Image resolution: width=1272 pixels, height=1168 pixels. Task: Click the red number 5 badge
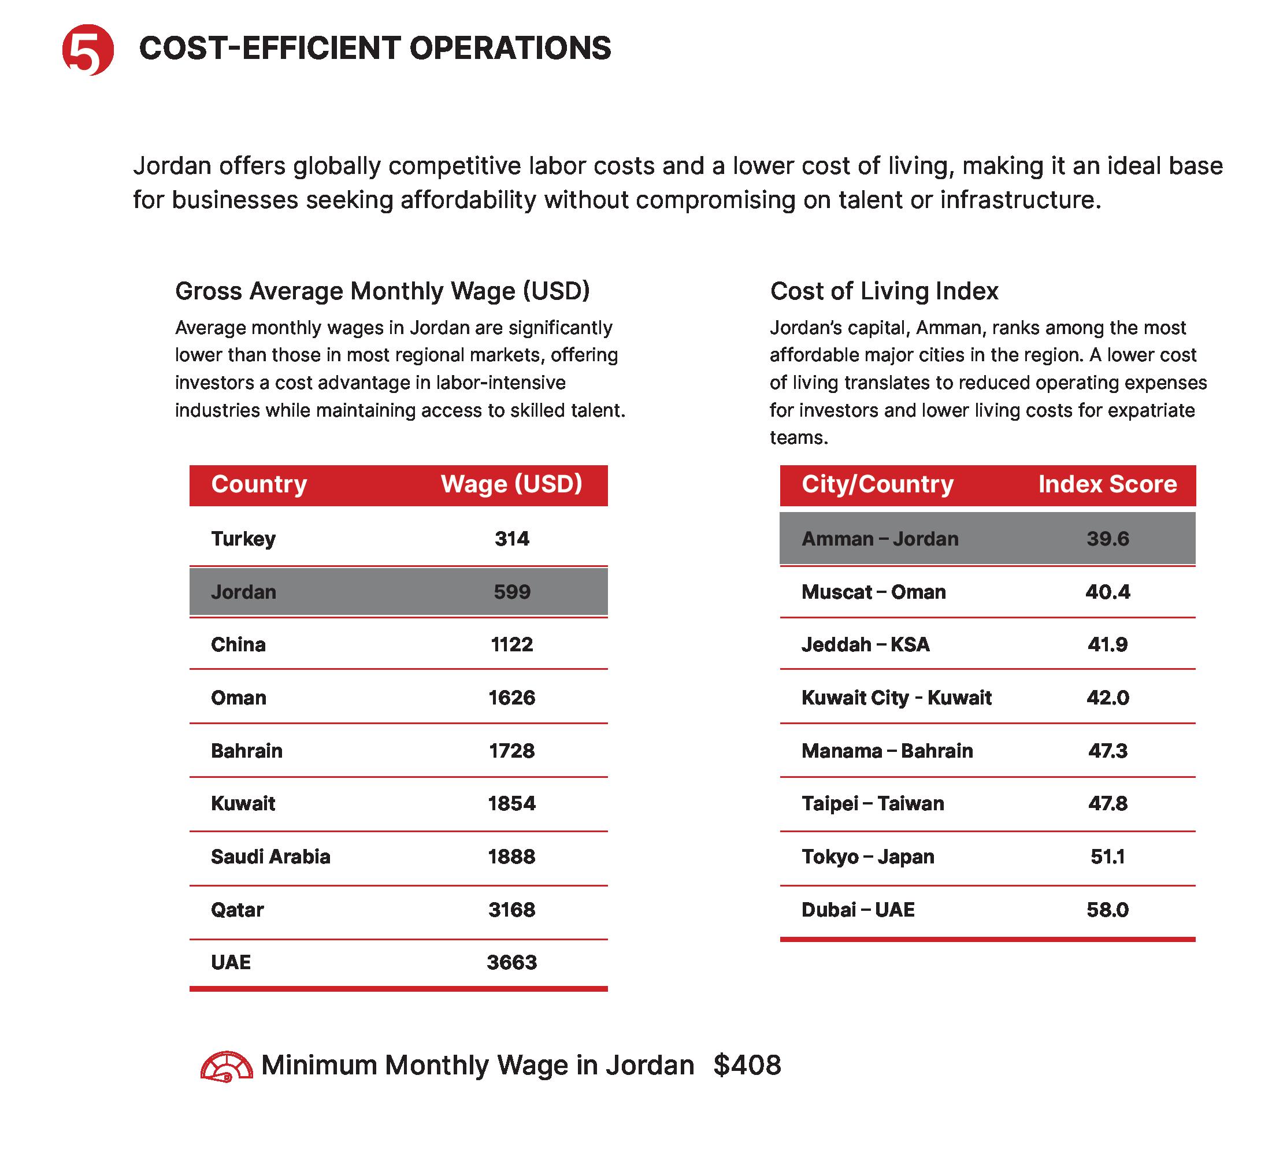point(88,49)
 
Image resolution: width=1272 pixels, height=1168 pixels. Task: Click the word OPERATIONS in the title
point(510,49)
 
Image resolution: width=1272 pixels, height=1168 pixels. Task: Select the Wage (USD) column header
point(511,484)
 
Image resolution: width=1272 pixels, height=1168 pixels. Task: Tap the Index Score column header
point(1107,484)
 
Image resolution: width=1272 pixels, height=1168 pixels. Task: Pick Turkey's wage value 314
point(512,539)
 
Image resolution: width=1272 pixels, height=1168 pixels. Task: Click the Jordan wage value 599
point(512,592)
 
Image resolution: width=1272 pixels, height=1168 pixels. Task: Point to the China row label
point(238,644)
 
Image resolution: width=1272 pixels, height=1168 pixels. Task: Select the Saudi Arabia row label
point(270,856)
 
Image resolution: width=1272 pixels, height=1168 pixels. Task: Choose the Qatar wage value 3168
point(512,910)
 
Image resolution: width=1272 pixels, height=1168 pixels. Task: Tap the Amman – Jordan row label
point(880,539)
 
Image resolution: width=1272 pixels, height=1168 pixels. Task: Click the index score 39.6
point(1108,539)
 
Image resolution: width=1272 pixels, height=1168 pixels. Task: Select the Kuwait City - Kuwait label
point(896,698)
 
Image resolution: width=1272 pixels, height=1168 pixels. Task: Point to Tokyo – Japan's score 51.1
point(1108,856)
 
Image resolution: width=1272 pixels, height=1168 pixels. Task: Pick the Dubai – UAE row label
point(858,910)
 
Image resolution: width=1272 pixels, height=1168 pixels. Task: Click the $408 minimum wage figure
point(747,1065)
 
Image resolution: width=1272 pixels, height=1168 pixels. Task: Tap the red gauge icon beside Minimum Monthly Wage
point(226,1067)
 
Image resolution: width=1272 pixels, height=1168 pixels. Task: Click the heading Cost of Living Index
point(884,291)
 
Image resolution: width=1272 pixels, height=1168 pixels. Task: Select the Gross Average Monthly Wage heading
point(383,291)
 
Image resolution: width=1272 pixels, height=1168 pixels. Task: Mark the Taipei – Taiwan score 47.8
point(1108,803)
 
